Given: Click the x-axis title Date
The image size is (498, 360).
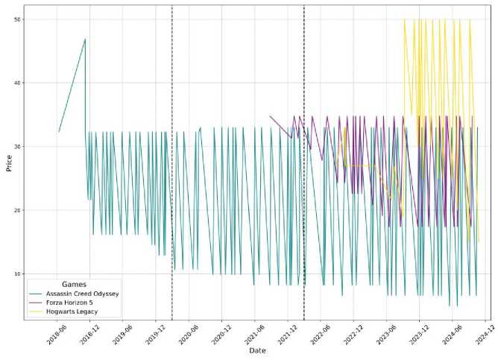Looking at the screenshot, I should pyautogui.click(x=257, y=350).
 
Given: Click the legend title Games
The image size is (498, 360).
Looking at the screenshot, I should pyautogui.click(x=73, y=284).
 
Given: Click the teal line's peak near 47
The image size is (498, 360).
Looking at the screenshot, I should pyautogui.click(x=85, y=39).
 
